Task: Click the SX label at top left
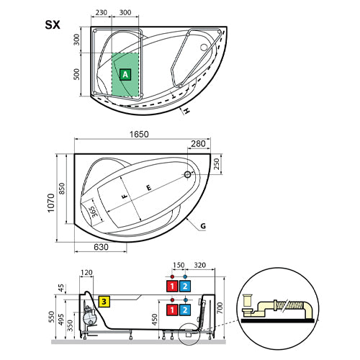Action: click(53, 25)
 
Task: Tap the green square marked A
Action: click(125, 75)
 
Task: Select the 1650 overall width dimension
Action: click(139, 134)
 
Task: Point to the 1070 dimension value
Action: click(51, 203)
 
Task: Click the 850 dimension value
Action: click(62, 189)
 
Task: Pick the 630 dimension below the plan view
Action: click(101, 247)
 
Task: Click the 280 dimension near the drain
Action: click(198, 144)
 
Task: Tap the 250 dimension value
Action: click(217, 164)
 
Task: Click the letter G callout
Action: click(203, 226)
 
